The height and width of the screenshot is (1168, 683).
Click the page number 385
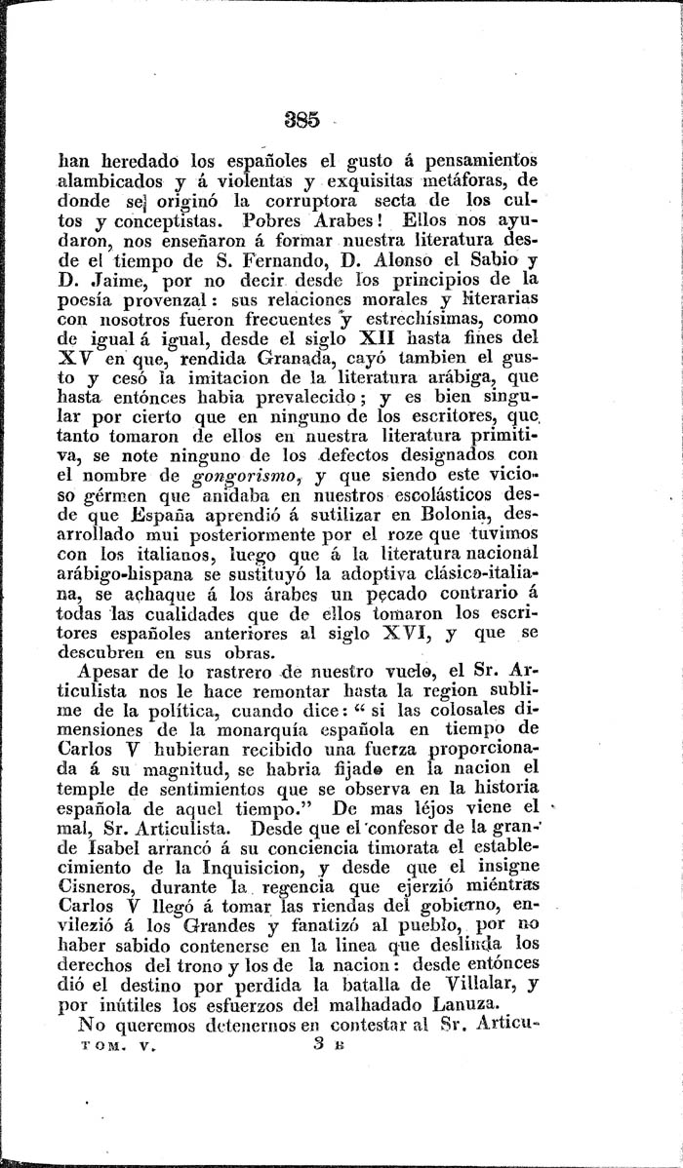300,122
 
